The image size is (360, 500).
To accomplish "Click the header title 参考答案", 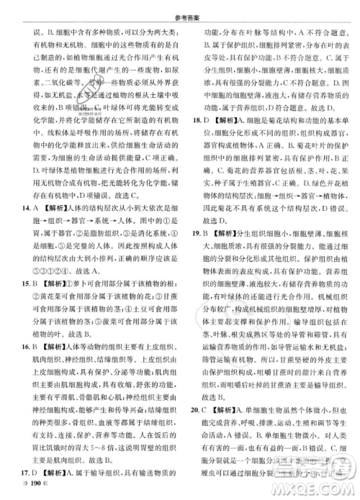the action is point(180,8).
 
